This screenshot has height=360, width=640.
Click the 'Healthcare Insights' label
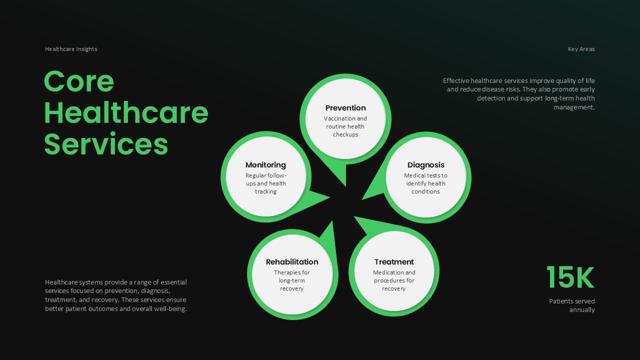(71, 49)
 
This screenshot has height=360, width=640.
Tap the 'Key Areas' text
(581, 49)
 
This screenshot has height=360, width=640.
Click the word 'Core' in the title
(79, 81)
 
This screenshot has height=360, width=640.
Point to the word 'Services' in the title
(106, 144)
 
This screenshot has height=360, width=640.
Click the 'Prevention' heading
(345, 108)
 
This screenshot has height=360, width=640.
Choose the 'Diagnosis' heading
(425, 165)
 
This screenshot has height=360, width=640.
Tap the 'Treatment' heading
(394, 262)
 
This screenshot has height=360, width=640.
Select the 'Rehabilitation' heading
(292, 262)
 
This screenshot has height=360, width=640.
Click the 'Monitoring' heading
(265, 165)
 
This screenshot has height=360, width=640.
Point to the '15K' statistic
(570, 277)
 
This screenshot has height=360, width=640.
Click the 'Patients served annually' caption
(572, 305)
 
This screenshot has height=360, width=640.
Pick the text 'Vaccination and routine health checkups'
(345, 126)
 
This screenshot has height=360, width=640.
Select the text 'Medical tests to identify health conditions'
(425, 183)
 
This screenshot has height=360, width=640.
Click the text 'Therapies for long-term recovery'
(292, 280)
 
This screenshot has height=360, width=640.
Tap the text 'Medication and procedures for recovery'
(394, 280)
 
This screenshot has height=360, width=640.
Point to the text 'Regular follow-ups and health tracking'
(265, 183)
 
